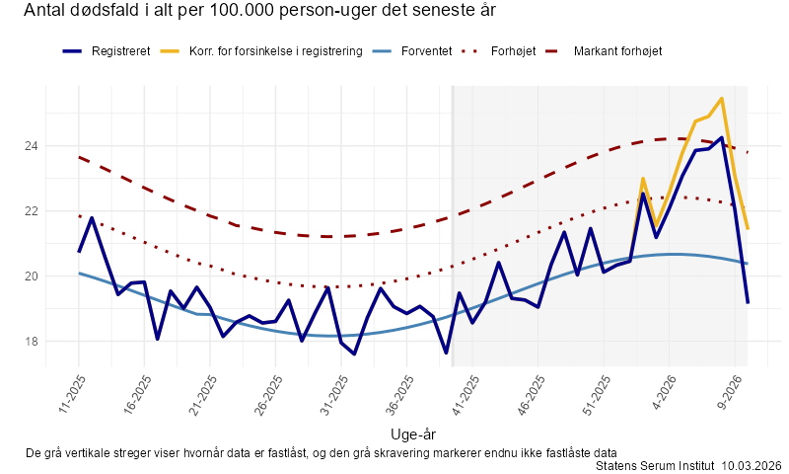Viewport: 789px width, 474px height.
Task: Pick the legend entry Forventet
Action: coord(426,50)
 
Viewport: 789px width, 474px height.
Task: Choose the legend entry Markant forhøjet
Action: coord(617,50)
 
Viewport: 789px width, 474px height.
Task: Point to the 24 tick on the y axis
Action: coord(31,146)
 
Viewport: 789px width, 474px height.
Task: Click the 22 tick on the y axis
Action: coord(31,211)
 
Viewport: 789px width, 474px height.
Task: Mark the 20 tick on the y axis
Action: coord(31,276)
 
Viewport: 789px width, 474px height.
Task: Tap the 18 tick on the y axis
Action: coord(31,342)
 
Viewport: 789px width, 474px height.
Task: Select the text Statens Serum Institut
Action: coord(656,465)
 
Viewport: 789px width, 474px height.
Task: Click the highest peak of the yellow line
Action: coord(722,99)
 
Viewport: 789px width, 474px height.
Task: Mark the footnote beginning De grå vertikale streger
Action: coord(321,452)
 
